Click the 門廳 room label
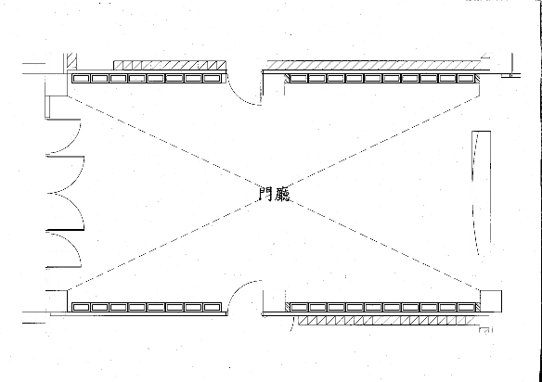coord(275,194)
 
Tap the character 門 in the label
coord(265,194)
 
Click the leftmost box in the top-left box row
coord(81,79)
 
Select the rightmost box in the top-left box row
coord(212,79)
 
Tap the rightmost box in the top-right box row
coord(466,79)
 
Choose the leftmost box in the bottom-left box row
coord(81,307)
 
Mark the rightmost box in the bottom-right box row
coord(466,307)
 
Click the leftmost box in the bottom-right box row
coord(298,307)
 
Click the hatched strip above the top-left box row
coord(170,65)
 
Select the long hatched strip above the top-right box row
coord(374,65)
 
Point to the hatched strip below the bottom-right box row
coord(386,321)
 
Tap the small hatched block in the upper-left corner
coord(71,61)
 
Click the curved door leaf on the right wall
coord(475,193)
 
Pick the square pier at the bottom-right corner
coord(491,301)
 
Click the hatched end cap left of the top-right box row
coord(287,79)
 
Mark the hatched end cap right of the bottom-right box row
coord(478,307)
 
